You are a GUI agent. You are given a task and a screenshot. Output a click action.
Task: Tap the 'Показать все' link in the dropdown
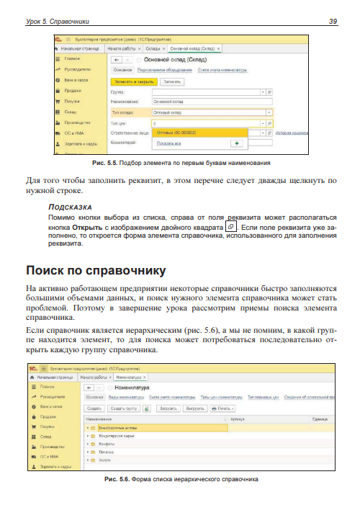tap(169, 143)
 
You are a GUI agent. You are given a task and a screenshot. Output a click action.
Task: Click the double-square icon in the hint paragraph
tap(230, 225)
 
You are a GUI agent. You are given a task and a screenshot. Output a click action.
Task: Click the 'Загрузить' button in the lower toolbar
tap(167, 408)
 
